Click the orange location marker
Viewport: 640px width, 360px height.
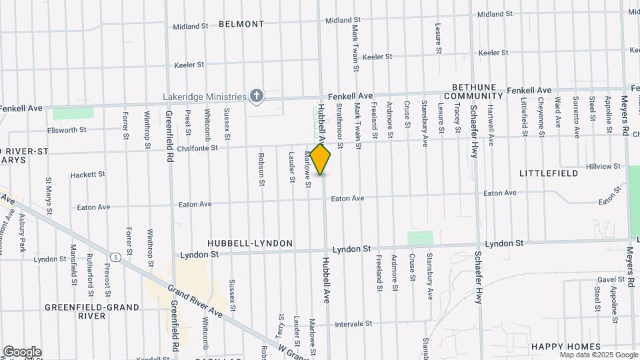(x=321, y=159)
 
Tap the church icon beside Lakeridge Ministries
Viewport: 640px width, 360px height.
(x=257, y=97)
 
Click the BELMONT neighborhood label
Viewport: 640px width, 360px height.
(x=241, y=24)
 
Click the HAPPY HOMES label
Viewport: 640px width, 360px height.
(x=559, y=347)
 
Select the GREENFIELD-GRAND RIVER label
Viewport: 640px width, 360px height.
(x=92, y=311)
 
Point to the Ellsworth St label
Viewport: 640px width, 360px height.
(x=67, y=131)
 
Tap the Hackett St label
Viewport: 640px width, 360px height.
(x=88, y=175)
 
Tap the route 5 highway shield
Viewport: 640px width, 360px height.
(x=116, y=257)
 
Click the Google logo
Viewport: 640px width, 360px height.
(x=22, y=352)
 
